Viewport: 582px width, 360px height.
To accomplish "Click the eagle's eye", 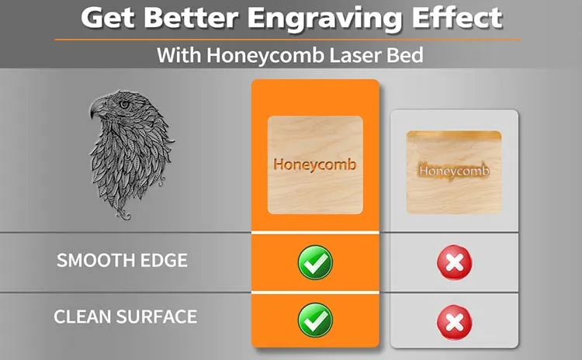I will click(x=123, y=103).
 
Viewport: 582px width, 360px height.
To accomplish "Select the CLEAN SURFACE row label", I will click(x=125, y=317).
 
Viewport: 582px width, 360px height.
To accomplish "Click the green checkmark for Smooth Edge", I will click(x=315, y=262).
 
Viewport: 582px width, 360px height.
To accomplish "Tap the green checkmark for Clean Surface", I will click(x=315, y=320).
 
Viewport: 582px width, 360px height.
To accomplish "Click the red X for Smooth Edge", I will click(x=454, y=262).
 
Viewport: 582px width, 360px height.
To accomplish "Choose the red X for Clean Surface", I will click(x=454, y=320).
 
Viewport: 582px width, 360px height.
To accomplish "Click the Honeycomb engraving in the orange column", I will click(x=315, y=165).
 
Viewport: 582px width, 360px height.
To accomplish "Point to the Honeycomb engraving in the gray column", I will click(x=454, y=170).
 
